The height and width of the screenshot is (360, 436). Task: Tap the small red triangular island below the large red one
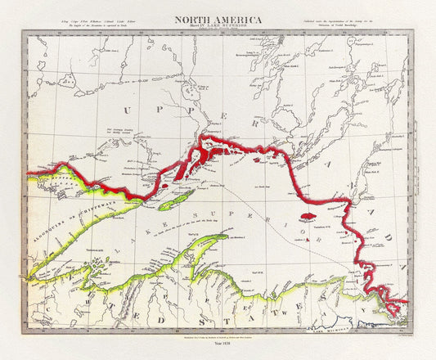point(308,240)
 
